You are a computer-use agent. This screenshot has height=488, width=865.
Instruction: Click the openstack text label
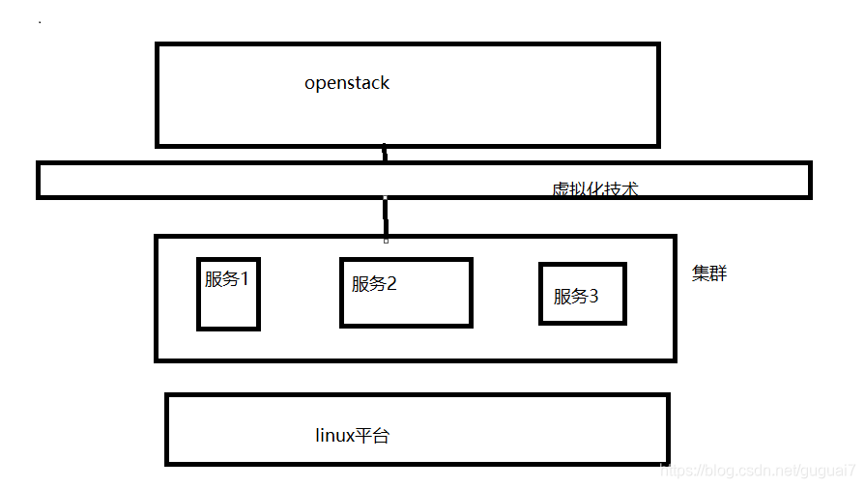tap(347, 83)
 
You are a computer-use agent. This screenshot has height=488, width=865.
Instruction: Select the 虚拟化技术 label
tap(594, 189)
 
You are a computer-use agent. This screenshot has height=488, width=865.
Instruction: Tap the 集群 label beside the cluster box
tap(709, 273)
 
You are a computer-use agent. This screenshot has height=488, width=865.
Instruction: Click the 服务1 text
tap(227, 279)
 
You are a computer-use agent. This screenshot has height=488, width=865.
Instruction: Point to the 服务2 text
tap(374, 284)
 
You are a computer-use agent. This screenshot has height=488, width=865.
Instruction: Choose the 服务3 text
tap(575, 297)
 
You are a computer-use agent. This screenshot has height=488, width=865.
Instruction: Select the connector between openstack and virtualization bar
tap(385, 155)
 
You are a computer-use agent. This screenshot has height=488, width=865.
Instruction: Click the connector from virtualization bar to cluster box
tap(386, 217)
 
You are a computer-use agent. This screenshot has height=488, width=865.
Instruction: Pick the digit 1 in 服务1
tap(245, 279)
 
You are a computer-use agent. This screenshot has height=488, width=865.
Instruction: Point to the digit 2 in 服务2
tap(392, 284)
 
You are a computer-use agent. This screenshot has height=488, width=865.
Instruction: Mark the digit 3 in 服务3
tap(593, 297)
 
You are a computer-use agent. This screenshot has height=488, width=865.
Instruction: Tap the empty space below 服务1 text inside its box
tap(228, 309)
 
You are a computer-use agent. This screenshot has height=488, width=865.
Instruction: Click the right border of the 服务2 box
tap(471, 292)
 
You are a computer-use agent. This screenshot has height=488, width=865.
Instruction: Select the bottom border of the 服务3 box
tap(582, 322)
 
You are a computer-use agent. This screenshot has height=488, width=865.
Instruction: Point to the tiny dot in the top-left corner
tap(40, 21)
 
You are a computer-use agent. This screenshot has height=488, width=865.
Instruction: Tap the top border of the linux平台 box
tap(416, 395)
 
